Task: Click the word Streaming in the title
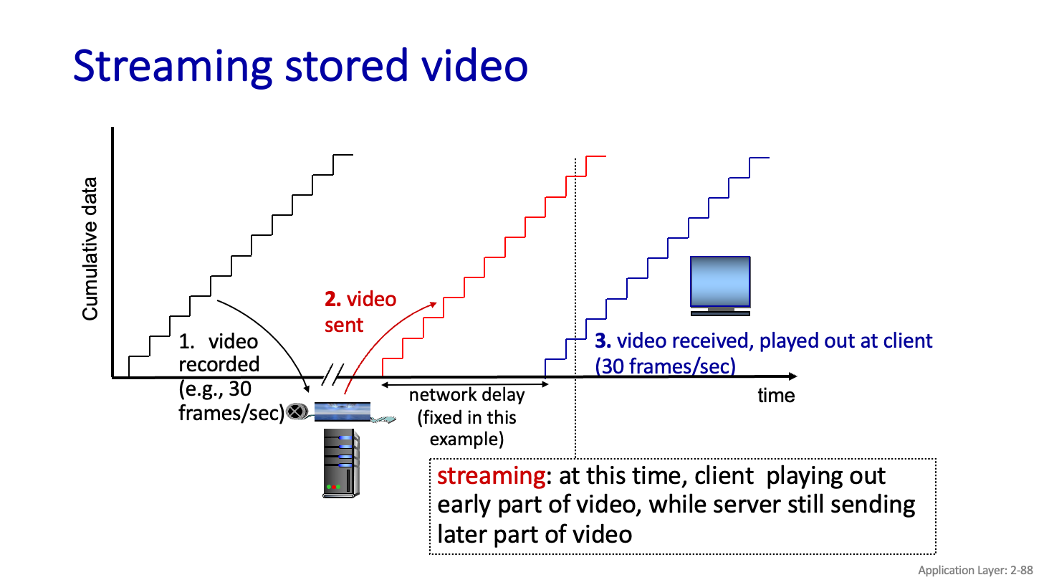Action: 172,66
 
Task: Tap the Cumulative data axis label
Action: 90,248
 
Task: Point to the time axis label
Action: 776,396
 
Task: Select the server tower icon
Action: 340,462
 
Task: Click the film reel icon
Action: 297,412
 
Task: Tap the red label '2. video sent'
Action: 360,312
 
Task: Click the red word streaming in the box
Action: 491,476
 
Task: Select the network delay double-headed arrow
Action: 465,385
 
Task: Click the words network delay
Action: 466,395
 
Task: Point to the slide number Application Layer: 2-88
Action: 975,570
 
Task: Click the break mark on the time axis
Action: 332,374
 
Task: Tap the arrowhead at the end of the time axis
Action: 792,376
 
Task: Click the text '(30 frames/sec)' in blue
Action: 665,366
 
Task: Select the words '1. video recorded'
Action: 219,352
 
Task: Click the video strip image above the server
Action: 343,412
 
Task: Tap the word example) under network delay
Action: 466,439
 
